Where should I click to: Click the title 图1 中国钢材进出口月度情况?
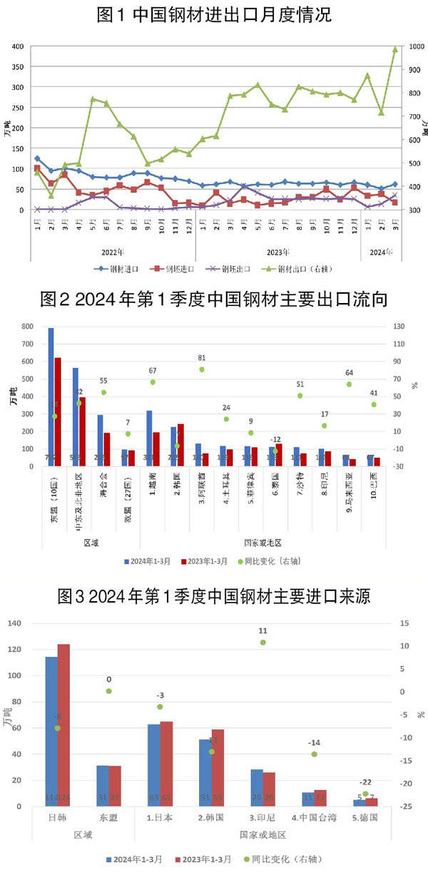pos(213,14)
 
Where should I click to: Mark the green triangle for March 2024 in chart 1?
pos(394,49)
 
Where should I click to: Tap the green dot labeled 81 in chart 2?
pos(202,369)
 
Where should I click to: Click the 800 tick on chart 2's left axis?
pos(27,327)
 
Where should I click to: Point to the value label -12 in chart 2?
pos(275,419)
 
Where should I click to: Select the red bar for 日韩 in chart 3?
pos(63,725)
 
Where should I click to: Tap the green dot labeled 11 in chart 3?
pos(263,642)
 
